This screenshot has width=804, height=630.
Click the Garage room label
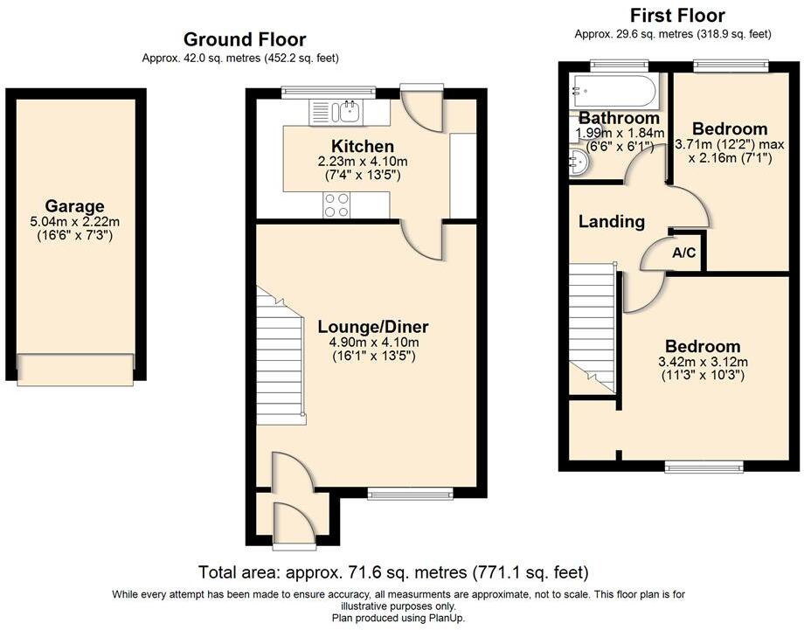(75, 207)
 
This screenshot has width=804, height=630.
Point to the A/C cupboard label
(684, 253)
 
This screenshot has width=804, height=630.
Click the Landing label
(612, 222)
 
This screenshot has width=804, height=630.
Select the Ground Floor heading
(245, 39)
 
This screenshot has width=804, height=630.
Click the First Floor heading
(677, 16)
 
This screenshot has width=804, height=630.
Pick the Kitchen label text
(362, 146)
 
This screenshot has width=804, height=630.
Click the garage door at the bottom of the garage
(76, 368)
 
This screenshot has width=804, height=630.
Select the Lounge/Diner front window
(411, 493)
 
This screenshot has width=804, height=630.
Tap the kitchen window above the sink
(328, 91)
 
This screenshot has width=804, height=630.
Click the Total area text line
(393, 573)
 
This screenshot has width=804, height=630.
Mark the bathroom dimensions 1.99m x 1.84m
(615, 133)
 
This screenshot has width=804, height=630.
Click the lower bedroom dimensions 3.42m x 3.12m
(702, 363)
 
